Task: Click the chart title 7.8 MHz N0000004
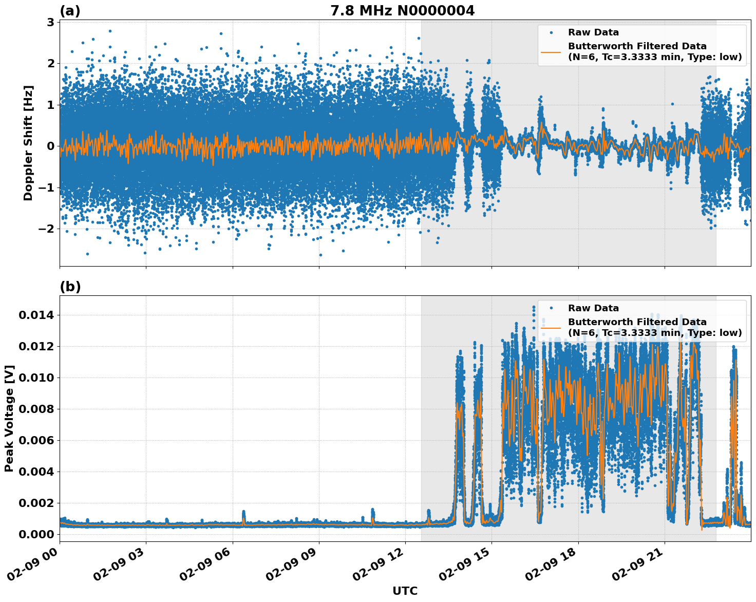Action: click(x=402, y=10)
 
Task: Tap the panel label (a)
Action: click(x=70, y=11)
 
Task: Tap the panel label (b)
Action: click(x=70, y=287)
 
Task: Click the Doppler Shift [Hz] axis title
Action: click(x=28, y=143)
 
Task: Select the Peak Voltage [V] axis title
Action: click(x=9, y=418)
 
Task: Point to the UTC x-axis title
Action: click(x=405, y=591)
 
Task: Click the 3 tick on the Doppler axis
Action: click(x=50, y=22)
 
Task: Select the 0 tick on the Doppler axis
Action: click(x=50, y=146)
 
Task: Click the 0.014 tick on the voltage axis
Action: click(x=36, y=315)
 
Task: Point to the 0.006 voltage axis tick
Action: click(x=36, y=440)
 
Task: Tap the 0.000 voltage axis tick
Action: click(x=36, y=534)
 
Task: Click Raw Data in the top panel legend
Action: click(x=593, y=32)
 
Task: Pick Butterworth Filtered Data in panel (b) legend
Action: click(x=637, y=322)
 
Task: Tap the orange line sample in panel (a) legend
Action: click(x=551, y=51)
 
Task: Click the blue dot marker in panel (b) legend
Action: click(x=551, y=308)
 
